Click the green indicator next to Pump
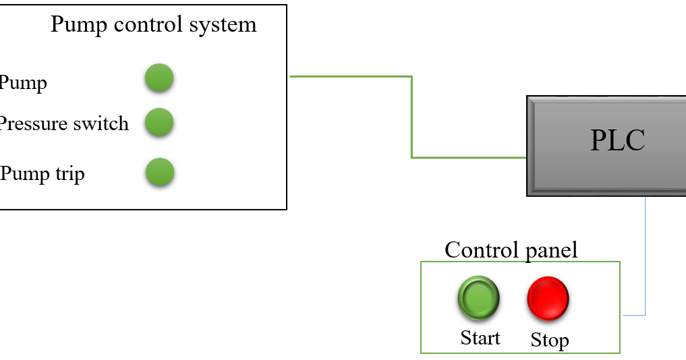(159, 78)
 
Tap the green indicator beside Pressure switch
(160, 122)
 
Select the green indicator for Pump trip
(160, 172)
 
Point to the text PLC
(617, 140)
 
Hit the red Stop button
(548, 297)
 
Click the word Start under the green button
(480, 337)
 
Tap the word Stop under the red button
(549, 340)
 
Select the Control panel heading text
(511, 250)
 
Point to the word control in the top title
(145, 25)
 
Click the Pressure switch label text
(63, 123)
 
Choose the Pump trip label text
(42, 174)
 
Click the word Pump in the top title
(79, 25)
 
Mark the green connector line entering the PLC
(472, 158)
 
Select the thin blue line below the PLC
(646, 256)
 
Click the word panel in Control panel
(551, 250)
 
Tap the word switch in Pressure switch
(101, 123)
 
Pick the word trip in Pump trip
(69, 174)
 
